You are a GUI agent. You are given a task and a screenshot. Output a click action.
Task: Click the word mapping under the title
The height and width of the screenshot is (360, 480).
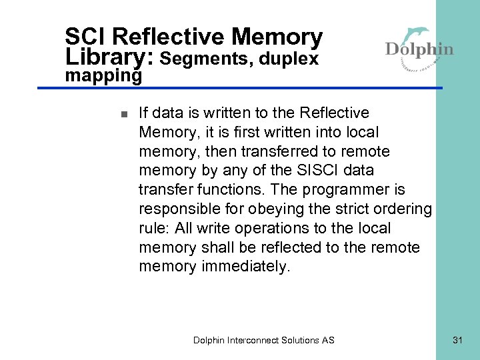point(103,76)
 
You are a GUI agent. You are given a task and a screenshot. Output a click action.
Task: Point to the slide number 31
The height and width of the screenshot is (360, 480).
point(457,340)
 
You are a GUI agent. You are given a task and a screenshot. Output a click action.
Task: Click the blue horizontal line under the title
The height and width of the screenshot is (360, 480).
point(253,88)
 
